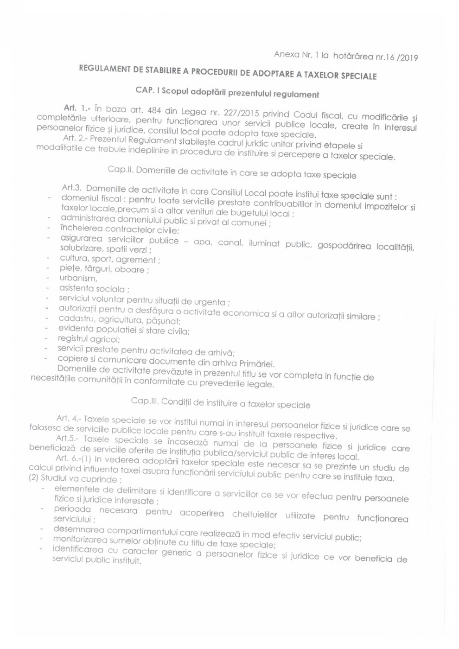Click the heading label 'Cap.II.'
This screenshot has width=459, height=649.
coord(121,169)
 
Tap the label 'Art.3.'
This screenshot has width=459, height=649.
coord(71,188)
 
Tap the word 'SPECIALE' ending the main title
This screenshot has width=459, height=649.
coord(357,76)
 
